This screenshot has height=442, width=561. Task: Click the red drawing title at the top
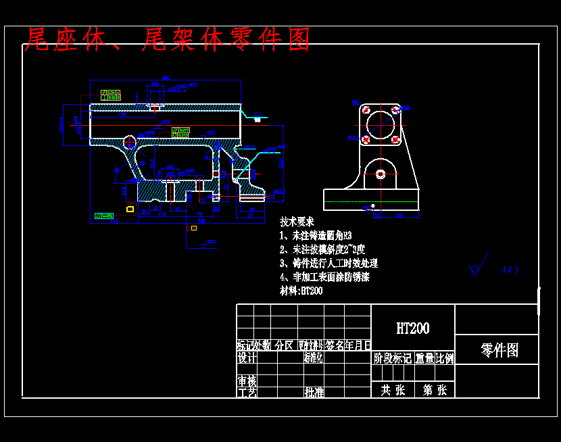click(167, 40)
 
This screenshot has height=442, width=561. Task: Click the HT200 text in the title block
click(412, 328)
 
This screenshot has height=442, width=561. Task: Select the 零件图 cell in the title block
click(499, 350)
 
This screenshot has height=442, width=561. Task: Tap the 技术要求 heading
click(297, 222)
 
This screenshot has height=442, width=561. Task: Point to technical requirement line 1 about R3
click(316, 236)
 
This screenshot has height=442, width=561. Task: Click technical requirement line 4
click(324, 277)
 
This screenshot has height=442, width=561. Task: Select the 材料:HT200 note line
click(301, 291)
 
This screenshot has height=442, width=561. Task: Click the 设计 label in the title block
click(247, 358)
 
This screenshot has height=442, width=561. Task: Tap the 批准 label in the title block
click(314, 391)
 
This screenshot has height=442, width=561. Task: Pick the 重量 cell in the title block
click(424, 358)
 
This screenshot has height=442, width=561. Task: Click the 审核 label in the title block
click(247, 380)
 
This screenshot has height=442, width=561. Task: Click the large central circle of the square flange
click(381, 124)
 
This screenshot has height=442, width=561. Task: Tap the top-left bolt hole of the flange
click(366, 109)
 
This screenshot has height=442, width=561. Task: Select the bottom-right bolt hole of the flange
click(395, 140)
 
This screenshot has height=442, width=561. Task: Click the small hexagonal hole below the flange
click(381, 174)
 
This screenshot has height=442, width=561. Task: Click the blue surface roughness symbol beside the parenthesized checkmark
click(476, 270)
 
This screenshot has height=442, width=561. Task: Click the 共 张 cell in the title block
click(393, 390)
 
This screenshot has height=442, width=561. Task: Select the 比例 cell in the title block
click(445, 358)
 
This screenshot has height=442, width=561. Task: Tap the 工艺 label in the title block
click(247, 392)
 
